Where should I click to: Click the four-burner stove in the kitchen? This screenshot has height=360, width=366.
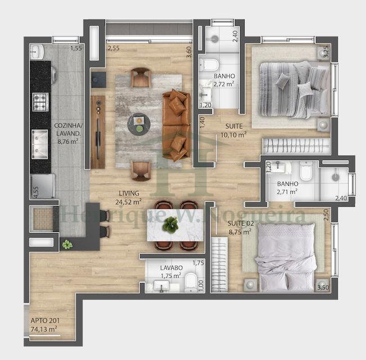(40, 102)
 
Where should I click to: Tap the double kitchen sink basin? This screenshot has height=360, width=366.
(40, 144)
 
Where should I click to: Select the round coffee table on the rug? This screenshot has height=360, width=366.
(139, 124)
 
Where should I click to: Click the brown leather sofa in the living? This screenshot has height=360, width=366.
(176, 125)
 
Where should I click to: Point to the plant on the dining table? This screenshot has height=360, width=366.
(170, 224)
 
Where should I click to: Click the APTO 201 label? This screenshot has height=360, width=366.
(45, 321)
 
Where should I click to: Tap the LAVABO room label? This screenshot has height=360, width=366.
(171, 268)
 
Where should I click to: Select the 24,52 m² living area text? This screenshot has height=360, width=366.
(128, 202)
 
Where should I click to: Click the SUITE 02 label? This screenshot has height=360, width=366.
(241, 224)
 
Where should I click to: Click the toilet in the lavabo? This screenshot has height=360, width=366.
(191, 282)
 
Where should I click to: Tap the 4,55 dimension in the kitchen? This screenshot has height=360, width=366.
(36, 192)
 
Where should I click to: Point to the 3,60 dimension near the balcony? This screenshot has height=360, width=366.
(189, 52)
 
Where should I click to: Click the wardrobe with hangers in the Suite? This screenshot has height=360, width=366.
(296, 146)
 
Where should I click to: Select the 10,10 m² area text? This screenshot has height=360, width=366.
(234, 135)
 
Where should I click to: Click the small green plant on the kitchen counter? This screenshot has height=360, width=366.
(67, 244)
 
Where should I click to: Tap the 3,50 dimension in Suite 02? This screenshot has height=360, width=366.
(323, 288)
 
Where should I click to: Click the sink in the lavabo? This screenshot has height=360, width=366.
(161, 286)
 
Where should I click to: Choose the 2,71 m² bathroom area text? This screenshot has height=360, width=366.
(287, 192)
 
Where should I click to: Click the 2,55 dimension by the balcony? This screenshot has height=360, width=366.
(114, 48)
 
